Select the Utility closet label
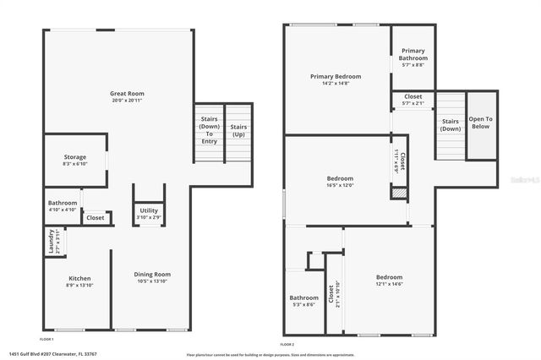tap(149, 213)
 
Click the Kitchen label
tap(79, 281)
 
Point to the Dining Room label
tap(153, 277)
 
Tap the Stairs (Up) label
tap(238, 131)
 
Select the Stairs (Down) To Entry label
tap(209, 131)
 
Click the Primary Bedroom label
tap(336, 79)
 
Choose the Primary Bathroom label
tap(413, 56)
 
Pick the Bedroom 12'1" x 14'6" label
tap(389, 281)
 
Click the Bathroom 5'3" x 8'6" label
tap(303, 301)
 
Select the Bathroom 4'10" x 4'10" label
tap(63, 206)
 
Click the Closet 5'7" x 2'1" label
tap(413, 100)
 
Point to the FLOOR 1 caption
tap(47, 339)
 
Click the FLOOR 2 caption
tap(287, 344)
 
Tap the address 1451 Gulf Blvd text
tap(52, 354)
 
